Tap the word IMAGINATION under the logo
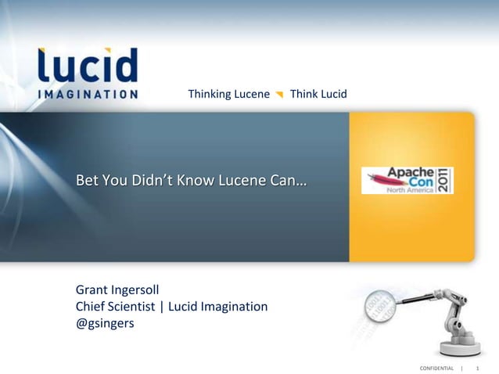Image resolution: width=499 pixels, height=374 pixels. pyautogui.click(x=88, y=94)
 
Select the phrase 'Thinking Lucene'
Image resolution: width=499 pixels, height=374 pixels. pyautogui.click(x=228, y=95)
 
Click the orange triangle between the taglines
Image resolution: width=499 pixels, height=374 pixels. pyautogui.click(x=279, y=95)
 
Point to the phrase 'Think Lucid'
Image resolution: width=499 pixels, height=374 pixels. pyautogui.click(x=318, y=95)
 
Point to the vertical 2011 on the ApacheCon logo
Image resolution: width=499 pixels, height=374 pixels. pyautogui.click(x=445, y=180)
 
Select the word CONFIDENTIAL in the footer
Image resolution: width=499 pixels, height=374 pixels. pyautogui.click(x=436, y=368)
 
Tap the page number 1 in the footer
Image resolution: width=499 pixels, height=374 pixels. pyautogui.click(x=477, y=368)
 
